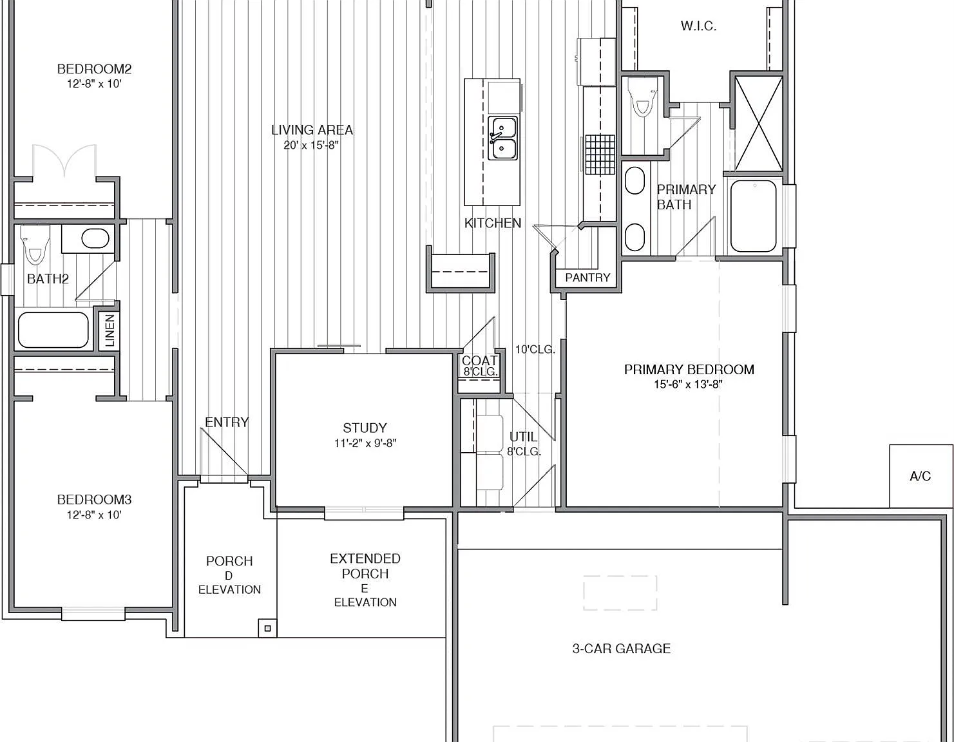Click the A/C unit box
pyautogui.click(x=921, y=476)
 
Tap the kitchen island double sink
pyautogui.click(x=502, y=138)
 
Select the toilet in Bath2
pyautogui.click(x=35, y=244)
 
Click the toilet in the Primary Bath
pyautogui.click(x=643, y=97)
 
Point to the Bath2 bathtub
pyautogui.click(x=53, y=330)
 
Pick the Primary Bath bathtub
pyautogui.click(x=754, y=216)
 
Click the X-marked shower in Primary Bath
pyautogui.click(x=759, y=124)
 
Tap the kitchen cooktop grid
pyautogui.click(x=600, y=155)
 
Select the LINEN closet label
pyautogui.click(x=110, y=330)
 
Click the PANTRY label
pyautogui.click(x=587, y=278)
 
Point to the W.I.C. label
pyautogui.click(x=698, y=26)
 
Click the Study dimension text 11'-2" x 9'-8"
pyautogui.click(x=365, y=443)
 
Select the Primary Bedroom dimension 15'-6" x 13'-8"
pyautogui.click(x=689, y=385)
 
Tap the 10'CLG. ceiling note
pyautogui.click(x=535, y=350)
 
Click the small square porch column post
pyautogui.click(x=267, y=629)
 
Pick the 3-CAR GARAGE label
pyautogui.click(x=621, y=649)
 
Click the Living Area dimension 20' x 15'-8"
pyautogui.click(x=311, y=145)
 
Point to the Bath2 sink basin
pyautogui.click(x=95, y=238)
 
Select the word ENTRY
pyautogui.click(x=227, y=422)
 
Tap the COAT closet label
pyautogui.click(x=479, y=361)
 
